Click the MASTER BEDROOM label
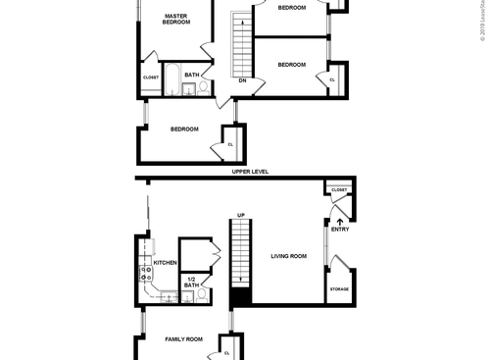click(x=176, y=20)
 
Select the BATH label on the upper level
click(x=192, y=75)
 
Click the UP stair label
click(x=240, y=215)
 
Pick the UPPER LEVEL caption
click(x=250, y=172)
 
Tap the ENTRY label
click(x=340, y=230)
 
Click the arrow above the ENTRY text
click(x=340, y=221)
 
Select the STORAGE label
click(x=339, y=289)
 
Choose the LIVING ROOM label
click(x=289, y=256)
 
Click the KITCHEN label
click(x=165, y=263)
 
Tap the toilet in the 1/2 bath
click(x=202, y=294)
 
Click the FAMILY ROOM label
click(x=182, y=339)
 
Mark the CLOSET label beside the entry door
click(x=339, y=190)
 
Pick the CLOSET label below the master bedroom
click(x=151, y=77)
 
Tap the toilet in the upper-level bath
click(x=204, y=86)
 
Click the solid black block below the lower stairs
click(x=241, y=298)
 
